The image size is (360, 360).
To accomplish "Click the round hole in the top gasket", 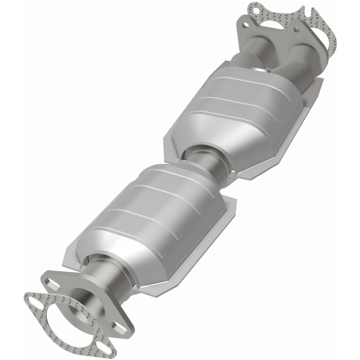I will pyautogui.click(x=256, y=11).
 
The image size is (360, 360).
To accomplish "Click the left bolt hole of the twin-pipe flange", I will pyautogui.click(x=245, y=25).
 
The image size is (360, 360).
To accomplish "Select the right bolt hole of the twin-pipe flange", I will pyautogui.click(x=297, y=29).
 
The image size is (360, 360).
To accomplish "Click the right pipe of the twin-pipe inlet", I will pyautogui.click(x=302, y=58).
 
